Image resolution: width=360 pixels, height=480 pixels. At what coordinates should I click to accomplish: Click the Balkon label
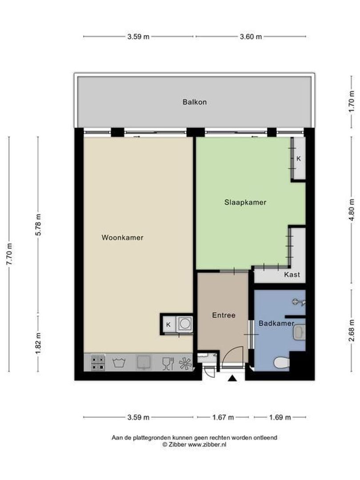click(x=194, y=102)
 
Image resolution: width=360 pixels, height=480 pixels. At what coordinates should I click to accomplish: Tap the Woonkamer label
click(x=122, y=237)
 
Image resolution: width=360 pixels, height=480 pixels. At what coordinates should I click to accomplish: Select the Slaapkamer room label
click(x=245, y=202)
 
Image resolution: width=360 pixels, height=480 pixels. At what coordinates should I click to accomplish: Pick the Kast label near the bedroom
click(x=292, y=275)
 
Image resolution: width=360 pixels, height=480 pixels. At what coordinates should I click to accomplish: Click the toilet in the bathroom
click(x=281, y=363)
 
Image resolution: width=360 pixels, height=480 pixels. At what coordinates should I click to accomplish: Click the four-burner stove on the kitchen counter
click(x=98, y=363)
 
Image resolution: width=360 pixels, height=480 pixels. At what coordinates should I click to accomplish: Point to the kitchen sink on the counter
click(x=144, y=363)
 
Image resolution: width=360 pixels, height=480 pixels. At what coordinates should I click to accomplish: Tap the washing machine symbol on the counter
click(x=119, y=363)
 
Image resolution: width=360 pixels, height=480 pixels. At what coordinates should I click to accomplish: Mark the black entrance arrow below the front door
click(x=232, y=378)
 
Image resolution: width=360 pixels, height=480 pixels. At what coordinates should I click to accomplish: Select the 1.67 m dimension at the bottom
click(x=223, y=417)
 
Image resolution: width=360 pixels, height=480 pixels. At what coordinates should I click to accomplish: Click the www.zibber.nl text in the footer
click(x=207, y=444)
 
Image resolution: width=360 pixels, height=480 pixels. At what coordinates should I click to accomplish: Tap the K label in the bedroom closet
click(x=299, y=158)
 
